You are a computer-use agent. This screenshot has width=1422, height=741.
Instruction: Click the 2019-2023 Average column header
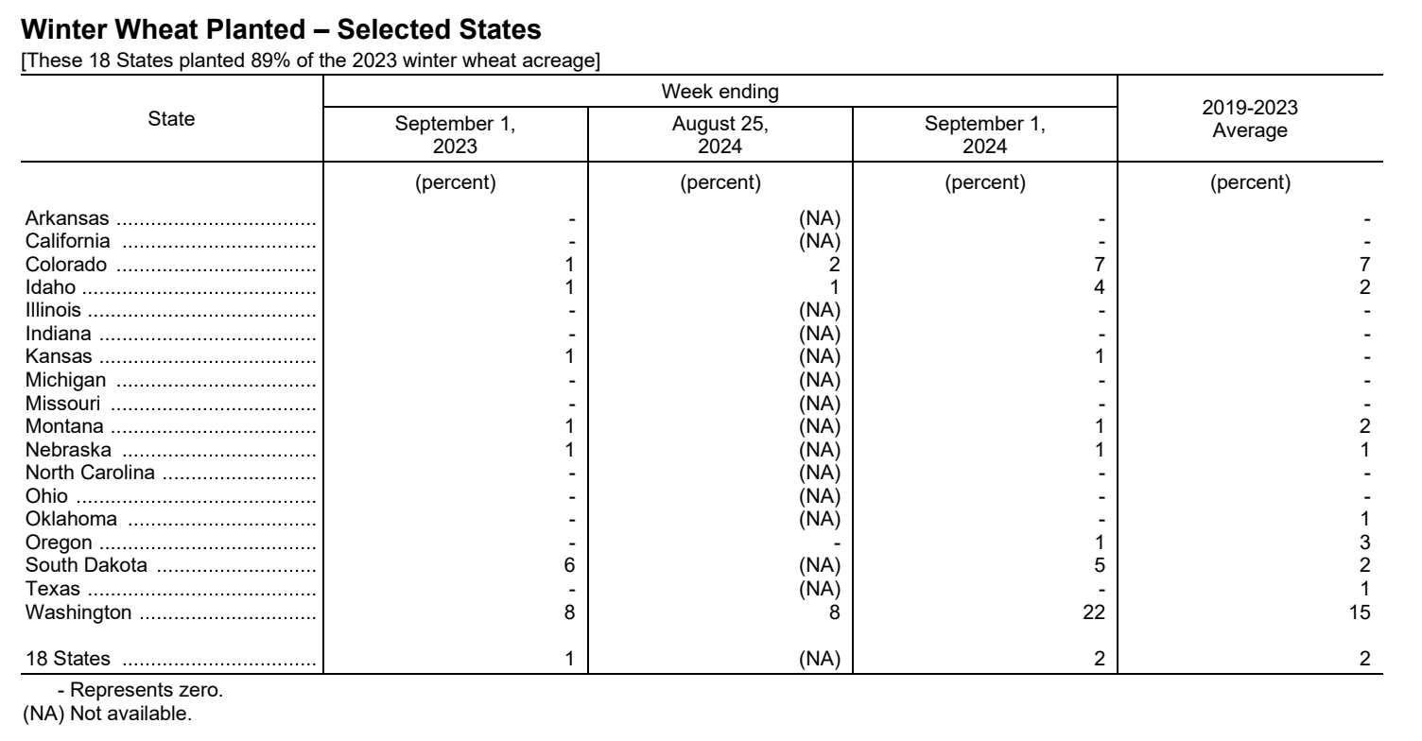pos(1250,121)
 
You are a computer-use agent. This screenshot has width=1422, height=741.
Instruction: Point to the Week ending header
pos(720,92)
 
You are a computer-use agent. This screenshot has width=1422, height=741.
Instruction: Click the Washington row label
pos(78,612)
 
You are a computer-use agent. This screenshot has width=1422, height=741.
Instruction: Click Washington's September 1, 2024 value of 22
pos(1095,612)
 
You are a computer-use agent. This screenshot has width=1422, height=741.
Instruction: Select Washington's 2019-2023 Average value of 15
pos(1360,612)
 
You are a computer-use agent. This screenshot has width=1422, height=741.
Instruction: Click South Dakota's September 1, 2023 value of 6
pos(570,567)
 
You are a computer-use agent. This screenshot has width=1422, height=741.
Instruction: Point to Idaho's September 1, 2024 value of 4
pos(1100,286)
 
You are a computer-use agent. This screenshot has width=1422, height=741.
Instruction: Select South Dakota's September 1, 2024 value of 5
pos(1100,567)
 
